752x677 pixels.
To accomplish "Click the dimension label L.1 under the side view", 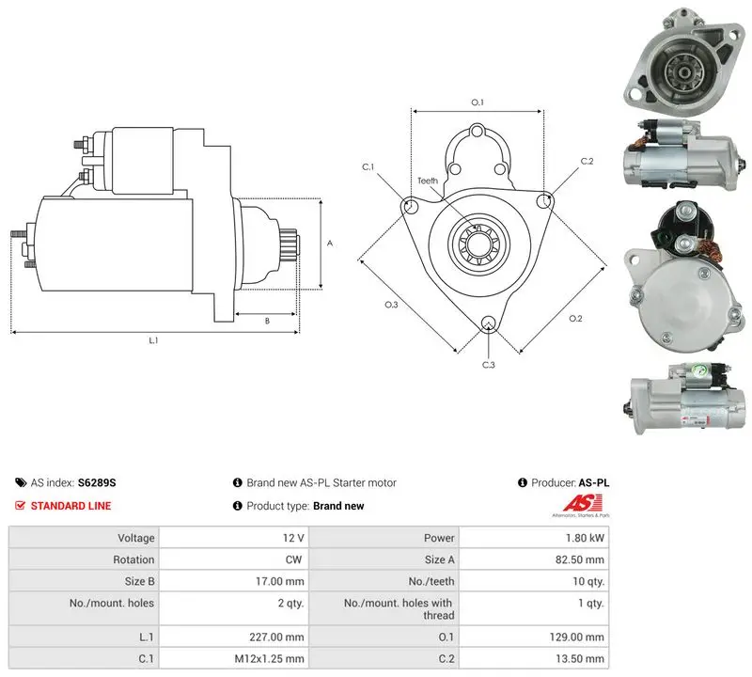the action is click(x=153, y=340).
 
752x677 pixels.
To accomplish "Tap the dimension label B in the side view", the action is click(x=267, y=321).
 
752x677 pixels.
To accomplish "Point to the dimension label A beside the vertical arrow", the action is click(x=330, y=244).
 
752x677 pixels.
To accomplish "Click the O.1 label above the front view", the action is click(x=478, y=102).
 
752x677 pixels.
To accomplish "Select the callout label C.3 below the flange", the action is click(x=488, y=365).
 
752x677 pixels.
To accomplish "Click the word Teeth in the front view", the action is click(x=428, y=181).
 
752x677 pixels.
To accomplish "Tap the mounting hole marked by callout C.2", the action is click(x=544, y=201).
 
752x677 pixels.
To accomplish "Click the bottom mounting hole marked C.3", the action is click(x=488, y=323).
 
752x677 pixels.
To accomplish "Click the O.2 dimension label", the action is click(x=575, y=319).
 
